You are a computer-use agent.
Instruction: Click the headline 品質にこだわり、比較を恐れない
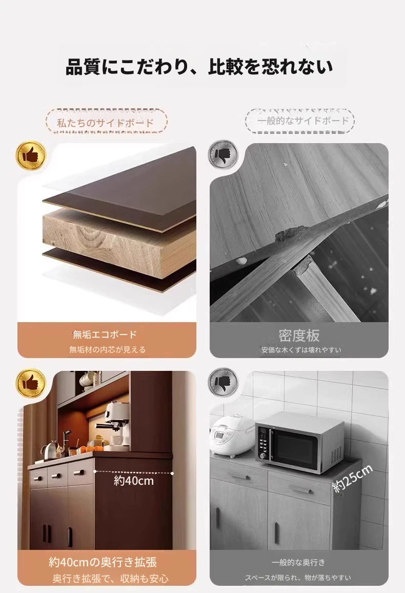pos(199,67)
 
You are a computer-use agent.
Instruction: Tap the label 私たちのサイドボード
pos(106,123)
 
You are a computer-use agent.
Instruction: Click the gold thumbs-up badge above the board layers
pos(31,155)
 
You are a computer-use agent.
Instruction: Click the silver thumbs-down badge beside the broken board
pos(223,154)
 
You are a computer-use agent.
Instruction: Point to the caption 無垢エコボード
pos(105,334)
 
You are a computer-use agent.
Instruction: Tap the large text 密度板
pos(299,335)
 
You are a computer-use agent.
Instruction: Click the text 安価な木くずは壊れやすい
pos(301,350)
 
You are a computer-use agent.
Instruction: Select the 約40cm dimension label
pos(134,481)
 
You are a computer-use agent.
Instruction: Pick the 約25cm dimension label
pos(353,479)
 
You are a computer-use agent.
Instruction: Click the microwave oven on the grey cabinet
pos(299,441)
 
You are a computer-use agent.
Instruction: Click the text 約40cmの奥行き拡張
pos(103,562)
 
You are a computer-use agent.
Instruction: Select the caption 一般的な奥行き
pos(298,562)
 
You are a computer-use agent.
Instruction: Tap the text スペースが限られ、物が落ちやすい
pos(298,578)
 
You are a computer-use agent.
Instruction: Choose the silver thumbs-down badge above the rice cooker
pos(223,382)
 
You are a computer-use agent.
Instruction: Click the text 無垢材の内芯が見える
pos(107,350)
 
